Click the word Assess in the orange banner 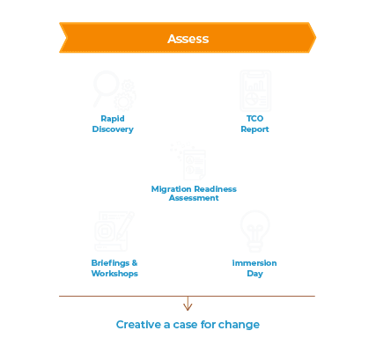(188, 39)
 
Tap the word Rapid (113, 119)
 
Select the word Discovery (113, 129)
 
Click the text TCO (254, 119)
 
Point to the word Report (254, 129)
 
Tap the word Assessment (194, 198)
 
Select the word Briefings (110, 263)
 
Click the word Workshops (114, 274)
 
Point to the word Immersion (254, 263)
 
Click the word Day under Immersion (254, 274)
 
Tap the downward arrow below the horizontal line (188, 304)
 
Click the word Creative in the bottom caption (138, 325)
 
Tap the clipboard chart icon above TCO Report (255, 91)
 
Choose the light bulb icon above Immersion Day (254, 231)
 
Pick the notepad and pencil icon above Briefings (114, 231)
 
